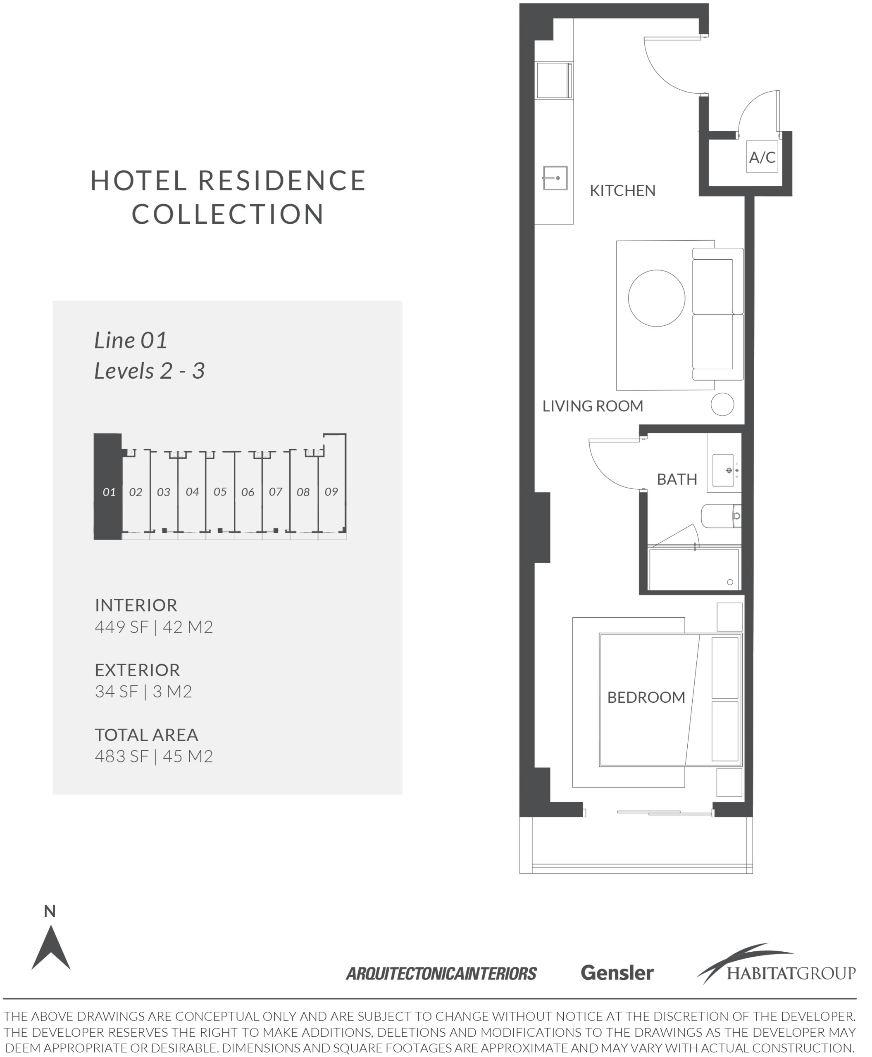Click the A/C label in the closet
point(762,158)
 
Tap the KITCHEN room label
point(622,191)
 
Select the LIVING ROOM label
point(593,406)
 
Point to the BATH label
point(677,479)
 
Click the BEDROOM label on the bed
point(646,697)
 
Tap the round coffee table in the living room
point(657,298)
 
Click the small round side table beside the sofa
point(722,404)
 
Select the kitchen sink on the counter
point(555,178)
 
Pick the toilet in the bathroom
point(721,516)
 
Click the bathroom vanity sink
point(723,471)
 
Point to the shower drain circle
point(730,582)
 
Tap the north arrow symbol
point(51,947)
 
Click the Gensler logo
point(617,973)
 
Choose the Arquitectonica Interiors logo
point(441,974)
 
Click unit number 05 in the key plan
point(220,492)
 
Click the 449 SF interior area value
point(122,627)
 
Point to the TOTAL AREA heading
point(147,735)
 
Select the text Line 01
point(131,340)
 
